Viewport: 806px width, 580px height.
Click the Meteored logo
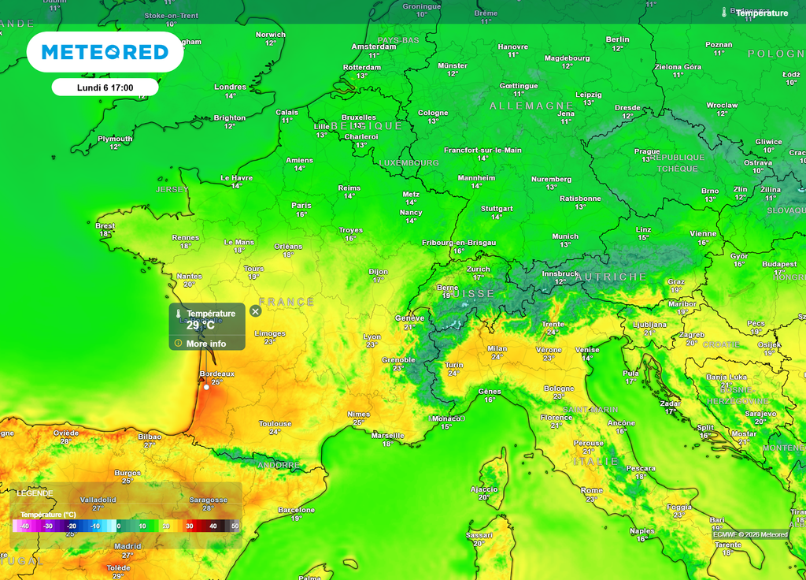(x=105, y=52)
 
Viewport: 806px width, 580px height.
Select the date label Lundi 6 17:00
(x=105, y=87)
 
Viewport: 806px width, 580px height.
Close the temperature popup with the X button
(x=255, y=311)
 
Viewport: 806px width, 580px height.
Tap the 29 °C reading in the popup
(x=201, y=325)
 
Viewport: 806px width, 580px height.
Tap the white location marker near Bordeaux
(x=206, y=387)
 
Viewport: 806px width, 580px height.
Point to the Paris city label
(x=301, y=205)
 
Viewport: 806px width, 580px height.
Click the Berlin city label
(x=618, y=39)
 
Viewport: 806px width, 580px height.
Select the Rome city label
(x=592, y=490)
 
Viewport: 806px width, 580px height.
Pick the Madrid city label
(x=128, y=546)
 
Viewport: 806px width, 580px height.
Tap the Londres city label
(x=230, y=87)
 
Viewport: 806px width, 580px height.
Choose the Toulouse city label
(x=275, y=423)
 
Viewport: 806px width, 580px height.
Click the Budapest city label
(x=779, y=264)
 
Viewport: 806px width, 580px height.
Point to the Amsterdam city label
(x=374, y=46)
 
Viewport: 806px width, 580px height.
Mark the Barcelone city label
(x=296, y=510)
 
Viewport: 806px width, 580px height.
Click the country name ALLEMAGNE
(x=531, y=106)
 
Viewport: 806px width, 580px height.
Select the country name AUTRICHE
(x=611, y=277)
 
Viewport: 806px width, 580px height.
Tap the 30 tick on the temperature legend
(x=189, y=526)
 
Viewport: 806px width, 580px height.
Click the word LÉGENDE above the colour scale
(x=35, y=493)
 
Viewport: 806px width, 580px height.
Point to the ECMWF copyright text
(x=750, y=534)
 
